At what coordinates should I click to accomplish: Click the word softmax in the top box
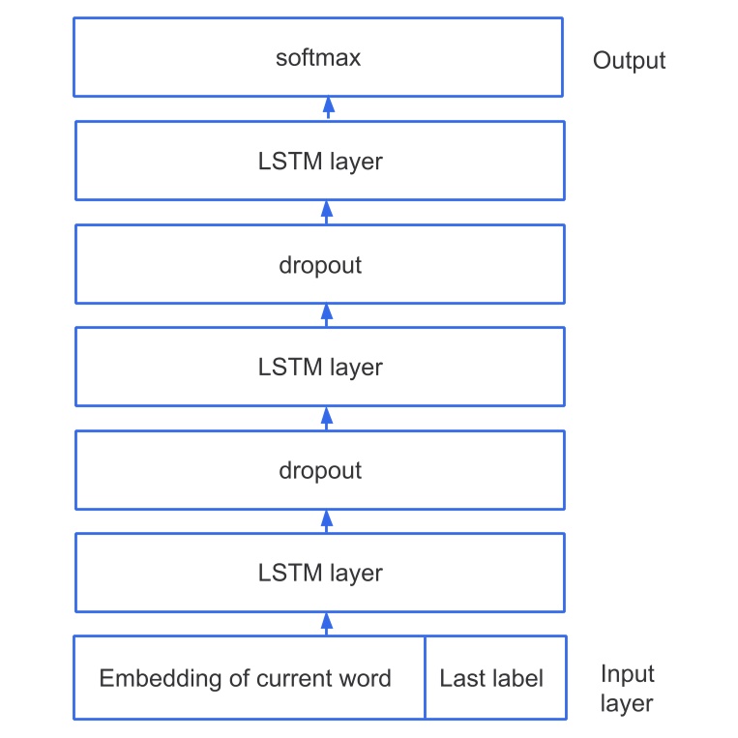pyautogui.click(x=318, y=58)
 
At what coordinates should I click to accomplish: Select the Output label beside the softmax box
pyautogui.click(x=629, y=61)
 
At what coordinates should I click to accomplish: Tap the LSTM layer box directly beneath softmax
pyautogui.click(x=319, y=161)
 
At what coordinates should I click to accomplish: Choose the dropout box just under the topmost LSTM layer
pyautogui.click(x=319, y=265)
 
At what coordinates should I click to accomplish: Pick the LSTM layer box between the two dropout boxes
pyautogui.click(x=319, y=368)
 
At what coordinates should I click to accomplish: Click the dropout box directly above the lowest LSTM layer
pyautogui.click(x=319, y=471)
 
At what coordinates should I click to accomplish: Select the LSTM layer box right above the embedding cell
pyautogui.click(x=319, y=573)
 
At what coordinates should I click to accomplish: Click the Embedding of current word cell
pyautogui.click(x=246, y=678)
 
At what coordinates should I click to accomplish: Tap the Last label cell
pyautogui.click(x=491, y=678)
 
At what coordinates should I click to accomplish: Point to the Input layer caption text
pyautogui.click(x=627, y=688)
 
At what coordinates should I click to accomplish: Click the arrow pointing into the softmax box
pyautogui.click(x=327, y=107)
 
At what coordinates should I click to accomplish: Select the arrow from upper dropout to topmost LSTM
pyautogui.click(x=327, y=211)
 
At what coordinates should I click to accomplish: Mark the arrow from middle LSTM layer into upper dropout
pyautogui.click(x=327, y=313)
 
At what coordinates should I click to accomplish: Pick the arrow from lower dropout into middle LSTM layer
pyautogui.click(x=327, y=417)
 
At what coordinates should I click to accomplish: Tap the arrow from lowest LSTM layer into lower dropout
pyautogui.click(x=327, y=520)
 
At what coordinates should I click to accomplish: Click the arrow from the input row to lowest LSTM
pyautogui.click(x=327, y=623)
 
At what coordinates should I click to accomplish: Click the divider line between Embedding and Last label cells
pyautogui.click(x=425, y=678)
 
